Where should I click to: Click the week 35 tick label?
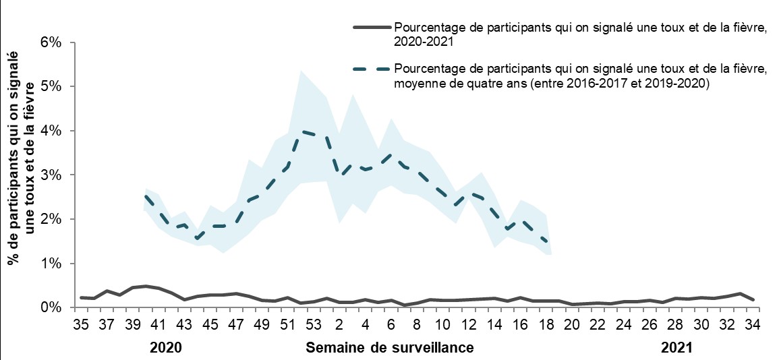tap(80, 324)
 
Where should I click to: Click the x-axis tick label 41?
tap(158, 324)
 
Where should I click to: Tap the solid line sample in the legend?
tap(372, 28)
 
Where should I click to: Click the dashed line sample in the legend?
tap(372, 69)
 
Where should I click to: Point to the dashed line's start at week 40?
tap(146, 196)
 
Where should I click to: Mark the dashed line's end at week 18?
tap(546, 242)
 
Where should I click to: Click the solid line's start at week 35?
tap(81, 297)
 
